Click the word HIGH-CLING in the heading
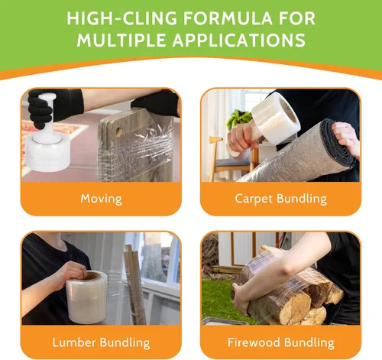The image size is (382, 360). (122, 18)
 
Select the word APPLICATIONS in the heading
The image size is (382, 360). (239, 40)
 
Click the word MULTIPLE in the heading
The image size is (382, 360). (121, 40)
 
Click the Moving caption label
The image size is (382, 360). (101, 199)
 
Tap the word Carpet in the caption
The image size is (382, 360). (254, 199)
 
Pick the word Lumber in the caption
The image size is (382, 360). (74, 342)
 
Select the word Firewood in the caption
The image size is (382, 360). (254, 342)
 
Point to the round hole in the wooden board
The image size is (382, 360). (118, 131)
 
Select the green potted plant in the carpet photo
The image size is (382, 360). (240, 120)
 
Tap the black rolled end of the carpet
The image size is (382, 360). (338, 141)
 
